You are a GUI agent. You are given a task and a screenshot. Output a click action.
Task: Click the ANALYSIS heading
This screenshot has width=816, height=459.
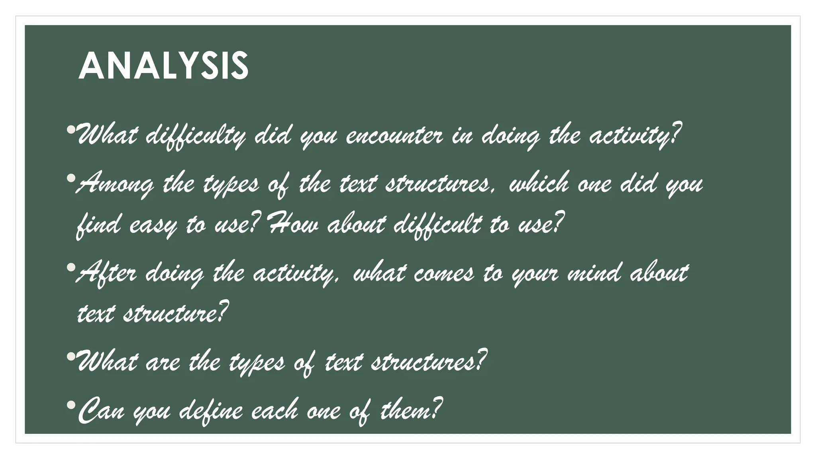(x=163, y=66)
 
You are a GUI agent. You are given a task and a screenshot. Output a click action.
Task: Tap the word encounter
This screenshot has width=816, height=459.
(x=394, y=136)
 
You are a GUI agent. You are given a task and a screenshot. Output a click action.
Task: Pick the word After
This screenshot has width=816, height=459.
(x=106, y=274)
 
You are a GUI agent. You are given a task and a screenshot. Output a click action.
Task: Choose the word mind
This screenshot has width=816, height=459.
(x=594, y=274)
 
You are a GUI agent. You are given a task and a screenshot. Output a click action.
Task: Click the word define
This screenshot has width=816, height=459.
(x=211, y=410)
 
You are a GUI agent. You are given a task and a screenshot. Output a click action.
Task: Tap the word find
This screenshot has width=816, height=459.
(x=98, y=226)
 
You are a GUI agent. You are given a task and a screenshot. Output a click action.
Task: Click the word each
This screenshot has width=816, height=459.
(x=275, y=410)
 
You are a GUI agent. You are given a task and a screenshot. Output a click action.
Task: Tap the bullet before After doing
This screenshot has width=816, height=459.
(x=71, y=267)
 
